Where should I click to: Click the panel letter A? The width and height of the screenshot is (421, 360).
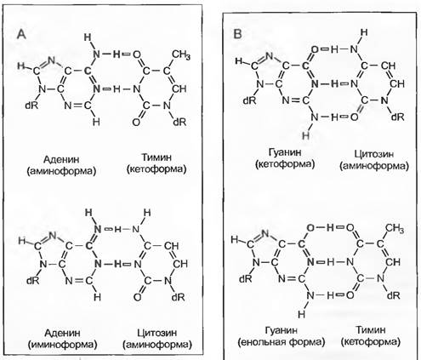[21, 34]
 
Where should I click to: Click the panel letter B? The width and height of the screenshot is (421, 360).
[237, 34]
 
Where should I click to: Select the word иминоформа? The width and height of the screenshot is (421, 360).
[63, 345]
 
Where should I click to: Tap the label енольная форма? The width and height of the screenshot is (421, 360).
[282, 342]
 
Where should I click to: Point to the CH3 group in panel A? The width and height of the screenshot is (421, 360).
[181, 54]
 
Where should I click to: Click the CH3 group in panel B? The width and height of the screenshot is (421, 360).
[394, 228]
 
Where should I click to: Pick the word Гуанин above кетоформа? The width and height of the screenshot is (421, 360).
[285, 152]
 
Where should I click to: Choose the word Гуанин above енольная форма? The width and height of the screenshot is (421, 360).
[282, 330]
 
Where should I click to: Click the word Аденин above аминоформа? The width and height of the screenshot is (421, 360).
[61, 159]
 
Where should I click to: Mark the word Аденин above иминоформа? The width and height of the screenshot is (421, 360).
[62, 333]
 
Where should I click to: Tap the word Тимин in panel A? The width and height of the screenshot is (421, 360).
[156, 157]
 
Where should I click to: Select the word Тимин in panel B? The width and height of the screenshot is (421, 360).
[371, 329]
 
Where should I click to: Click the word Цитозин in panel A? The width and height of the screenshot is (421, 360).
[157, 333]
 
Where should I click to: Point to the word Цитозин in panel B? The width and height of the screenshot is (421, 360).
[374, 154]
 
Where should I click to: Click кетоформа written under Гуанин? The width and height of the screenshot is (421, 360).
[285, 164]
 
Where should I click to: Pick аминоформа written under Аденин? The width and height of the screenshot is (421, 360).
[61, 171]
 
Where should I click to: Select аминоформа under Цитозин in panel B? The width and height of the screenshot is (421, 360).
[374, 166]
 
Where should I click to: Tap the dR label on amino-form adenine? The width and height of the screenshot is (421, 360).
[31, 106]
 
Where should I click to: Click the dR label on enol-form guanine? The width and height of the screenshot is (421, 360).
[246, 279]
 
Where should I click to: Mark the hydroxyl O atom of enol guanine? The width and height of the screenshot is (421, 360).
[310, 228]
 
